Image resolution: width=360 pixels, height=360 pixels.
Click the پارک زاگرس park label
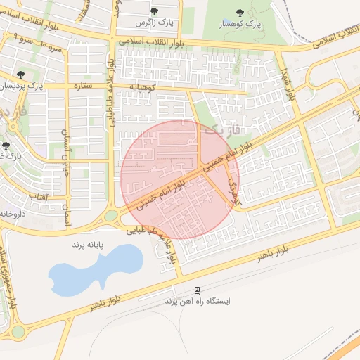click(155, 22)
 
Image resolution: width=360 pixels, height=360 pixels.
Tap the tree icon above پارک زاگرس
click(155, 11)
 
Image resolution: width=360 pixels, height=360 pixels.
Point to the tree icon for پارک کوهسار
click(240, 12)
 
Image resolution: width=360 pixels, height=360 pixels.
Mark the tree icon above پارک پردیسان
click(20, 75)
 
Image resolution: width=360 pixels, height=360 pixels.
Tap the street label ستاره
click(84, 86)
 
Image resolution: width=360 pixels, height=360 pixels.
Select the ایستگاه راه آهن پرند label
click(198, 301)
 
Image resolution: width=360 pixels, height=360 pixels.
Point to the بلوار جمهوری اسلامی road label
click(8, 276)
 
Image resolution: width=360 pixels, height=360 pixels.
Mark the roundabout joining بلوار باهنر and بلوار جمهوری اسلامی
click(17, 331)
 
